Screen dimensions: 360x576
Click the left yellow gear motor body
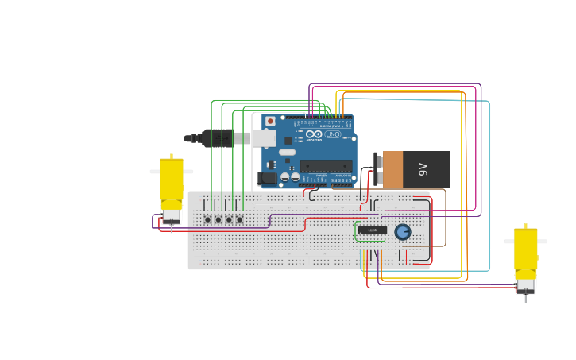click(x=172, y=179)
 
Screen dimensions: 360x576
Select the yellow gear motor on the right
click(x=525, y=249)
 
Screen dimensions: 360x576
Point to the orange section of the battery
click(x=392, y=169)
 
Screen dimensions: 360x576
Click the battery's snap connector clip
click(x=377, y=169)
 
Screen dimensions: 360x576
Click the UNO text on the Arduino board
click(x=333, y=134)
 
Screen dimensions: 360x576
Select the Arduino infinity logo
click(x=315, y=134)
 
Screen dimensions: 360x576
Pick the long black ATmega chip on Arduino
click(x=326, y=166)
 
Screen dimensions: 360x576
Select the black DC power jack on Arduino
click(x=268, y=178)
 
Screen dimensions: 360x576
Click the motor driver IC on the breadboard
click(x=372, y=230)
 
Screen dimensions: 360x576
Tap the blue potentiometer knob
click(x=403, y=231)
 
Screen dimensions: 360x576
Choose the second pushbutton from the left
click(x=218, y=219)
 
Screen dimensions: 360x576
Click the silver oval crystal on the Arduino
click(x=287, y=152)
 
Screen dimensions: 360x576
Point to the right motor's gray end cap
click(x=525, y=285)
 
